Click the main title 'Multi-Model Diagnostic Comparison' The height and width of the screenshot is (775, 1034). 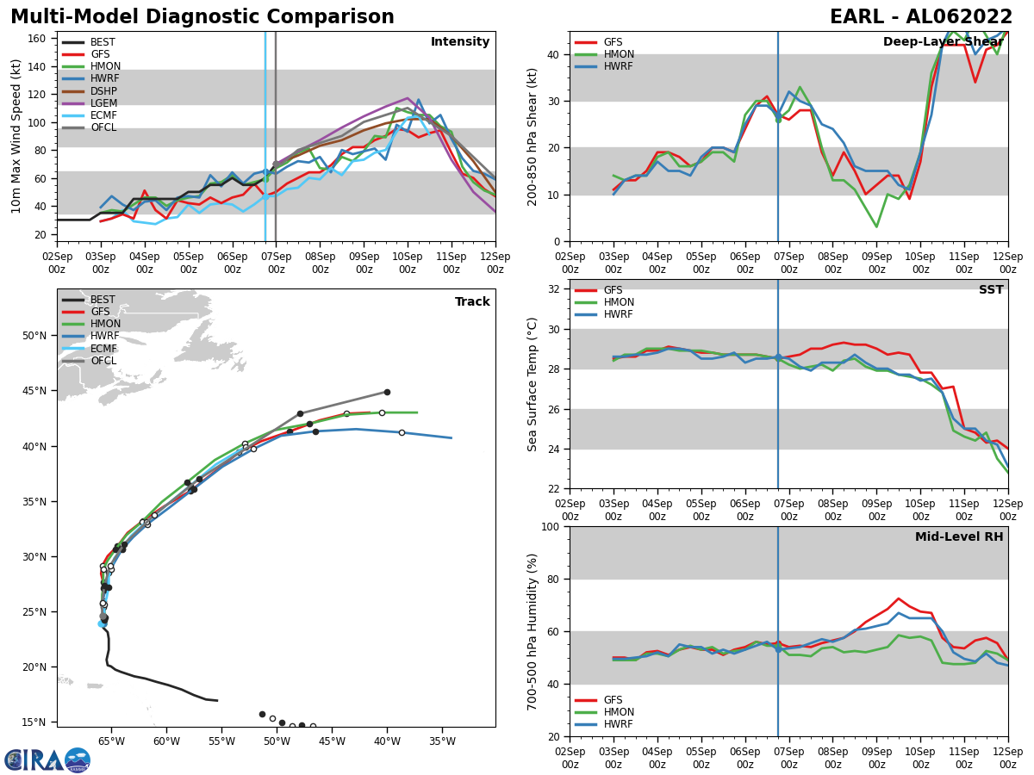tap(202, 17)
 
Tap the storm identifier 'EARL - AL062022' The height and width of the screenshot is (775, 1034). tap(921, 17)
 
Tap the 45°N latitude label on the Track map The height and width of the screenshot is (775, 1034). tap(40, 391)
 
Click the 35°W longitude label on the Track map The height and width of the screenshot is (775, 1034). tap(441, 740)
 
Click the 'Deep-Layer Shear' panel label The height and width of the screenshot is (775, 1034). tap(943, 42)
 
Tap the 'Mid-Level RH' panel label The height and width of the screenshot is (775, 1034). tap(958, 537)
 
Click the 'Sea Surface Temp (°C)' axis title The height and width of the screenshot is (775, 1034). tap(533, 384)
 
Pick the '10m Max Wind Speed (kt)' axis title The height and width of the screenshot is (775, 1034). tap(16, 136)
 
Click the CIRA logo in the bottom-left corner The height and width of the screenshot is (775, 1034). tap(47, 759)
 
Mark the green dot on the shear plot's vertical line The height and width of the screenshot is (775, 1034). tap(778, 120)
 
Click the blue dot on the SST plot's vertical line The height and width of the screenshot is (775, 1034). tap(778, 356)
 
